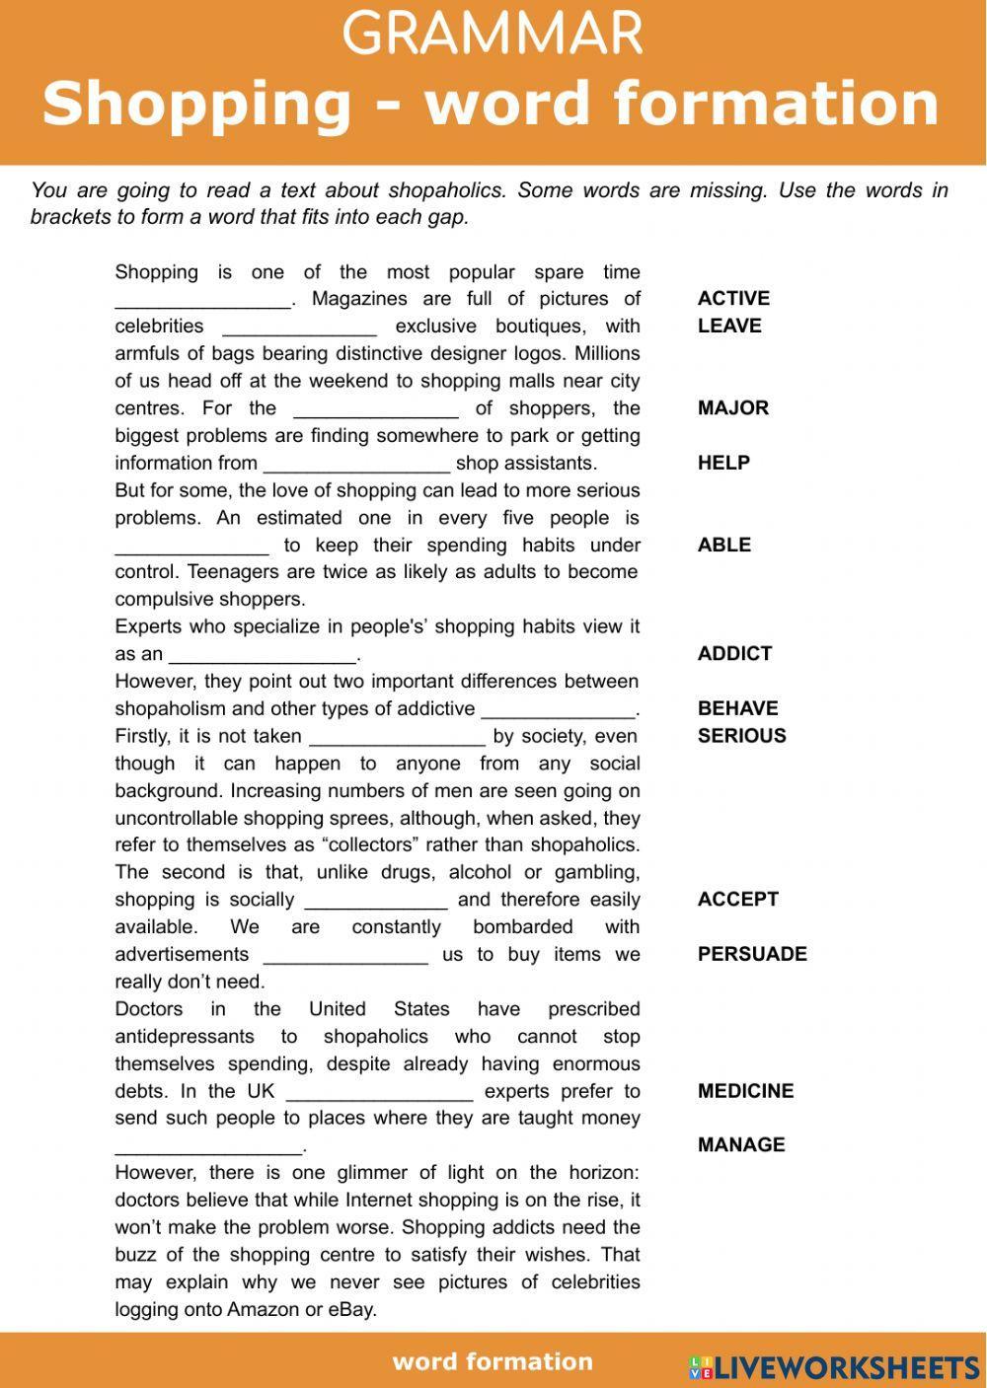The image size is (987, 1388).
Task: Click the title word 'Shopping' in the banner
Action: pos(196,103)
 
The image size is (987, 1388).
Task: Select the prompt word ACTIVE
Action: pos(733,298)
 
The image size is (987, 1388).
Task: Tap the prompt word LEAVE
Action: pos(728,326)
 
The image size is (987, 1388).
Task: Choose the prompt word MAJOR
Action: pos(732,407)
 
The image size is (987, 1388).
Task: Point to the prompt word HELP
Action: pos(723,463)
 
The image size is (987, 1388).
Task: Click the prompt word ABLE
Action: pos(723,545)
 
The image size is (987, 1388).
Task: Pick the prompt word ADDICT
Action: pos(734,653)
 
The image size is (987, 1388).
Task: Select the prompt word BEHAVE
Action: pos(737,708)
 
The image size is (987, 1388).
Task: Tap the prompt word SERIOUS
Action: pos(741,736)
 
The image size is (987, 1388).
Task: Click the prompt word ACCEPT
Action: pos(737,899)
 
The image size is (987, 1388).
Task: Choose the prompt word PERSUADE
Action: pos(752,954)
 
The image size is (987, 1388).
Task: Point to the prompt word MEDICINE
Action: pos(745,1091)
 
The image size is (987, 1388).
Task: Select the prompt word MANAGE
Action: pos(741,1144)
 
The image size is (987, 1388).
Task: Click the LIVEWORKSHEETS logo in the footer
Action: pos(834,1366)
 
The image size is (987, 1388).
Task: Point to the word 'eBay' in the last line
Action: pos(354,1310)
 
